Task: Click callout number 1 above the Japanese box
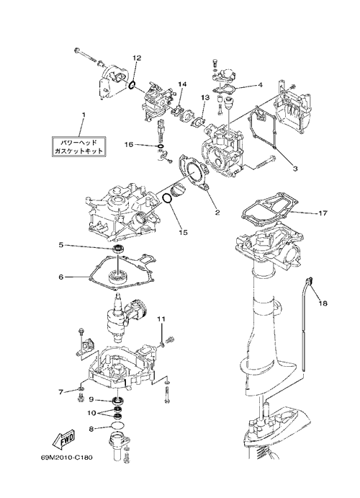pyautogui.click(x=84, y=115)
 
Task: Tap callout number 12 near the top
pyautogui.click(x=137, y=58)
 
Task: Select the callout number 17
pyautogui.click(x=323, y=213)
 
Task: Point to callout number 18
pyautogui.click(x=323, y=303)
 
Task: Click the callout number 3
pyautogui.click(x=295, y=169)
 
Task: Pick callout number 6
pyautogui.click(x=61, y=277)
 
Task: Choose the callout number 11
pyautogui.click(x=162, y=319)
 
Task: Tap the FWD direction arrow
pyautogui.click(x=63, y=439)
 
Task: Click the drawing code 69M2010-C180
pyautogui.click(x=66, y=458)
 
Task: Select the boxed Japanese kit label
pyautogui.click(x=78, y=146)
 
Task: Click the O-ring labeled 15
pyautogui.click(x=167, y=198)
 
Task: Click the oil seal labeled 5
pyautogui.click(x=119, y=248)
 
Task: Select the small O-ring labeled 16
pyautogui.click(x=161, y=146)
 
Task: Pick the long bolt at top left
pyautogui.click(x=86, y=55)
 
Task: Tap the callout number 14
pyautogui.click(x=182, y=84)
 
